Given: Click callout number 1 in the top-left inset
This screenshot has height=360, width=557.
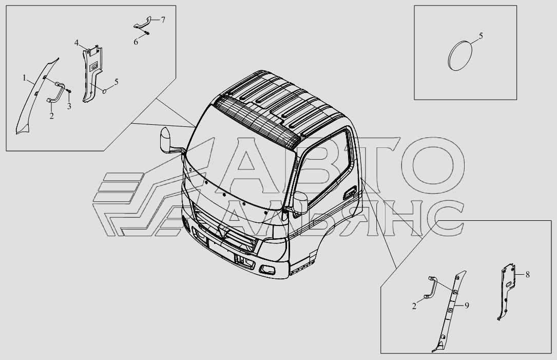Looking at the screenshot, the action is click(x=25, y=78).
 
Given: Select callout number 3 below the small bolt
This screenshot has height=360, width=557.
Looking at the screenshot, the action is click(x=69, y=106).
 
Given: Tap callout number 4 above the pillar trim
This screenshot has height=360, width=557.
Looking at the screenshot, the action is click(x=76, y=43).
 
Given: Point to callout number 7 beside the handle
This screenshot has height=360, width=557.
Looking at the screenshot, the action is click(x=163, y=20).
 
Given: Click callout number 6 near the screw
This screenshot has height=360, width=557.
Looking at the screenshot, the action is click(x=136, y=42).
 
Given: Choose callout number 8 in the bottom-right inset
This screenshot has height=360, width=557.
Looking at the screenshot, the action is click(x=528, y=275).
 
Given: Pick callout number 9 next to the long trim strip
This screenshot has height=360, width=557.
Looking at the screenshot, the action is click(x=467, y=306).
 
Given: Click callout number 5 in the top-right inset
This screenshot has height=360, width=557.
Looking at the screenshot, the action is click(x=481, y=36).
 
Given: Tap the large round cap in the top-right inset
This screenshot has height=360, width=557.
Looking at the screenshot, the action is click(x=459, y=55).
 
